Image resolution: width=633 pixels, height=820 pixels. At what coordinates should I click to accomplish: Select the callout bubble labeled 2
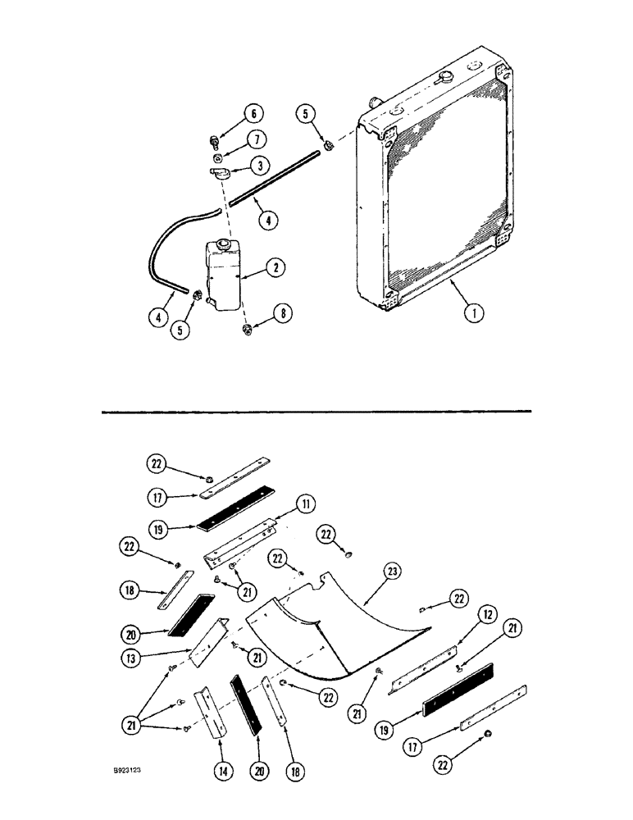[x=276, y=268]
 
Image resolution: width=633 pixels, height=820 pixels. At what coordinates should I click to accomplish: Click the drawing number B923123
[x=132, y=772]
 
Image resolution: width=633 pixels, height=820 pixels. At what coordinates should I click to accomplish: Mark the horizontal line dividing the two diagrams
[x=316, y=410]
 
